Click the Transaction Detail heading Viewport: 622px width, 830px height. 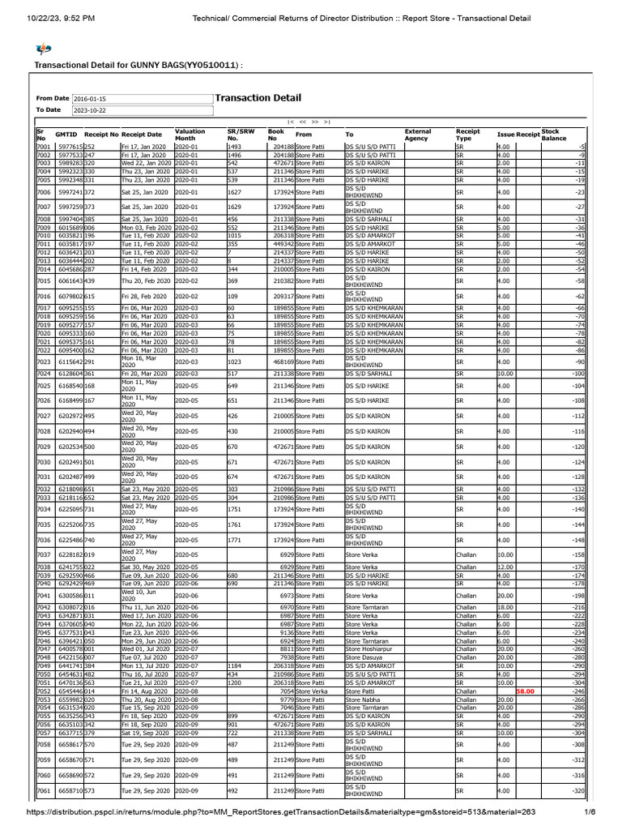(258, 98)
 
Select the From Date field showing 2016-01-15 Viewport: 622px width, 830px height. (142, 99)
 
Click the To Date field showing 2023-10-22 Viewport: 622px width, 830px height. (142, 109)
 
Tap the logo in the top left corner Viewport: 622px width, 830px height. (44, 49)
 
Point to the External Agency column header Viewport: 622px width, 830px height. (418, 135)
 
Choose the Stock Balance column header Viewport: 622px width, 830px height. (551, 135)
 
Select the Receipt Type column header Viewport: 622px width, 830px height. (468, 135)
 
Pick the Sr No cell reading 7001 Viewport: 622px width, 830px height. (44, 146)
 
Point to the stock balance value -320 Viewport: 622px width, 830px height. (578, 790)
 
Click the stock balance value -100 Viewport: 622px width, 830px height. (578, 373)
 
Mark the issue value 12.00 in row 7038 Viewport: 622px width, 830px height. (505, 567)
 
